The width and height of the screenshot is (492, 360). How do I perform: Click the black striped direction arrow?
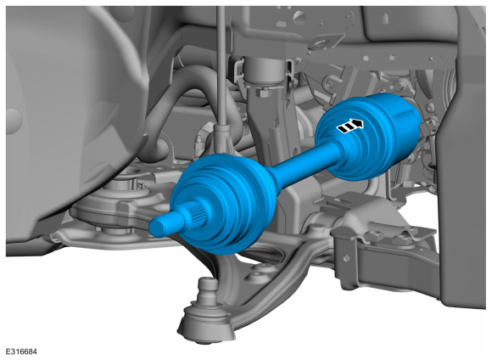(x=349, y=126)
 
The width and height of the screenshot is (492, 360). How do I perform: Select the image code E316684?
(x=21, y=352)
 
